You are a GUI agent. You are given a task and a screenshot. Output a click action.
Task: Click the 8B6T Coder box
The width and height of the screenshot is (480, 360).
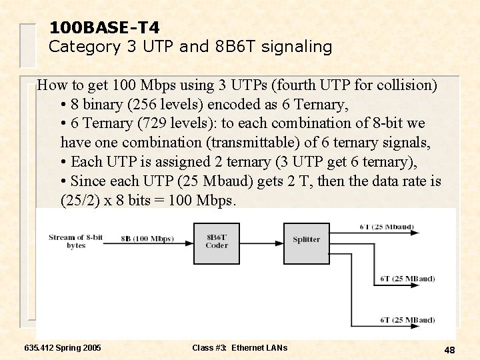(x=217, y=241)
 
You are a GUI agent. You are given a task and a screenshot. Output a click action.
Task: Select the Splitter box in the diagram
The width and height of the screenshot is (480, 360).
(x=306, y=240)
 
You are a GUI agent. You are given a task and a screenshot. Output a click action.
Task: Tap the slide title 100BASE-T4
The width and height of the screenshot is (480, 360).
(x=104, y=27)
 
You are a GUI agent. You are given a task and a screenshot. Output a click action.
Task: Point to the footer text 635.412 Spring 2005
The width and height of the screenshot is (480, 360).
(x=63, y=348)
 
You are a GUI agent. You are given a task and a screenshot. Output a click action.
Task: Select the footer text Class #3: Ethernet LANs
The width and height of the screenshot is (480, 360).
(x=239, y=348)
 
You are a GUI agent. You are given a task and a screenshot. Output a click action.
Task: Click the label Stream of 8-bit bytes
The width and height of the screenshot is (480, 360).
(x=75, y=241)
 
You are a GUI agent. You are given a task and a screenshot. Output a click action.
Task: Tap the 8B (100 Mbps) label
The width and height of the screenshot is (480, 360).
(x=147, y=238)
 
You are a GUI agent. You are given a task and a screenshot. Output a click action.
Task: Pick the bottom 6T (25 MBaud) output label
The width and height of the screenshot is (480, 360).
(x=407, y=321)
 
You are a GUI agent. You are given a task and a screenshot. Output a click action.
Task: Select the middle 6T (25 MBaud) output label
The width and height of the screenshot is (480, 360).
(x=407, y=279)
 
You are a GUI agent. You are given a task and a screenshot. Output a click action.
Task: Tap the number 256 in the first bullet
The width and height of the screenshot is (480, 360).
(x=130, y=105)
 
